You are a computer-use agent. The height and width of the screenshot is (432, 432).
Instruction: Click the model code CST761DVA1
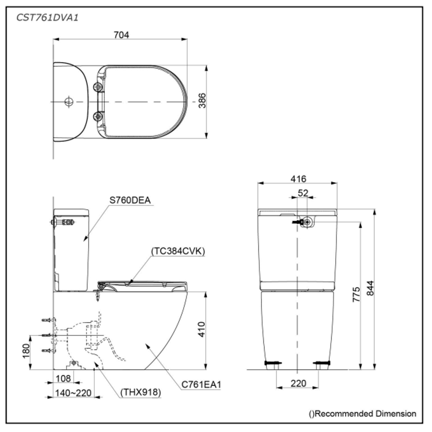tap(44, 18)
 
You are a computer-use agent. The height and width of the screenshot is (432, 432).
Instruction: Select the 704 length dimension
tap(121, 35)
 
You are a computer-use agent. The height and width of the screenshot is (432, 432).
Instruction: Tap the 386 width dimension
tap(202, 101)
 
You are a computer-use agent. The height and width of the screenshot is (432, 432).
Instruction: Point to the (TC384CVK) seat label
tap(178, 251)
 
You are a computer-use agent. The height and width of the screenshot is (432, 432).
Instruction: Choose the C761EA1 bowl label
tap(201, 384)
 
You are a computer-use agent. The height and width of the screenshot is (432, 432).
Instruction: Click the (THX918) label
tap(141, 393)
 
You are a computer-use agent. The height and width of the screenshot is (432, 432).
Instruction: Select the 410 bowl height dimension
tap(202, 329)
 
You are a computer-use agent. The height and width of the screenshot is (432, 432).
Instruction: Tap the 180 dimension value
tap(27, 351)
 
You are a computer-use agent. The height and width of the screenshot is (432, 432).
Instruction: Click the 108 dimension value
tap(64, 378)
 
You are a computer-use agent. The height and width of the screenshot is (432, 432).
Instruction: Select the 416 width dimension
tap(298, 178)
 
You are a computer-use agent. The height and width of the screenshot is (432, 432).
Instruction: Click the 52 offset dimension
tap(303, 193)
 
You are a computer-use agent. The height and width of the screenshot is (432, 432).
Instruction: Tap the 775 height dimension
tap(357, 294)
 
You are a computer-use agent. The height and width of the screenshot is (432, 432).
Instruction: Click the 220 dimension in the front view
tap(298, 383)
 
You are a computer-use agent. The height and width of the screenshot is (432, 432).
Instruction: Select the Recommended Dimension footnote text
tap(362, 413)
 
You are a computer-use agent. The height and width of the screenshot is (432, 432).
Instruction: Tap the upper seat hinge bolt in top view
tap(97, 87)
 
